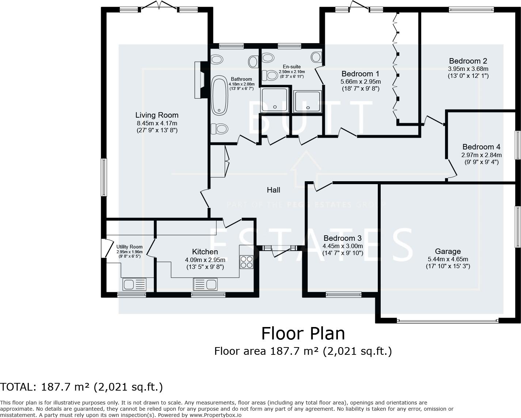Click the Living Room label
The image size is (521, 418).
[x=157, y=115]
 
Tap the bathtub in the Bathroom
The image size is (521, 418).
[x=220, y=95]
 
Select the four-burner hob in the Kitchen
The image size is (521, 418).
[x=246, y=262]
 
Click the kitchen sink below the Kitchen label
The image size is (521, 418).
[x=205, y=284]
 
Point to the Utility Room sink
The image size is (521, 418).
[x=134, y=284]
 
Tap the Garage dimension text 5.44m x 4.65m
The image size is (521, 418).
[x=448, y=259]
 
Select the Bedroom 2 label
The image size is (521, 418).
[x=468, y=61]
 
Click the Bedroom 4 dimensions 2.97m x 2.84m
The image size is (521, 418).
[x=481, y=155]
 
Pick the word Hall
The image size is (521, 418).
[x=273, y=190]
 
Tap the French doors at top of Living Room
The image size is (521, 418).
[x=158, y=6]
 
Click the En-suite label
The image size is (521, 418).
[x=292, y=66]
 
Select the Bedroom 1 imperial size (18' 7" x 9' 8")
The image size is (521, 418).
[x=360, y=89]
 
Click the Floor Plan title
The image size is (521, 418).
[x=303, y=334]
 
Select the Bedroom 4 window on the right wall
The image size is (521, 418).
[x=518, y=145]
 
